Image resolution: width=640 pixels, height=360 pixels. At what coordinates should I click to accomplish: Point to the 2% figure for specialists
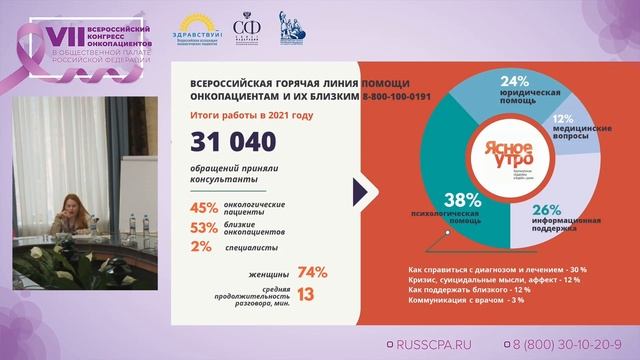(201, 246)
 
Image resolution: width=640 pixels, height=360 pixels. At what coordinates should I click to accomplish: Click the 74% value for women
(312, 272)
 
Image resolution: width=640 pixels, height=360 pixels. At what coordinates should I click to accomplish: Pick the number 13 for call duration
(306, 294)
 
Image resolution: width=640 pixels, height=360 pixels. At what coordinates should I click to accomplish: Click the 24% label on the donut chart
(514, 82)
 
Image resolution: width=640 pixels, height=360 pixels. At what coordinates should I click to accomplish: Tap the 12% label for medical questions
(563, 118)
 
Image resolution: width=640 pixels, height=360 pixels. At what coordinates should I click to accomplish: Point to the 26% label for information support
(546, 210)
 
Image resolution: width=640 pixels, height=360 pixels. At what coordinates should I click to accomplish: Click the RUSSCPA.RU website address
(434, 342)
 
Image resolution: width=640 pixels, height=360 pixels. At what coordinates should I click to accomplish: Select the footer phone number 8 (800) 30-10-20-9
(574, 342)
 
